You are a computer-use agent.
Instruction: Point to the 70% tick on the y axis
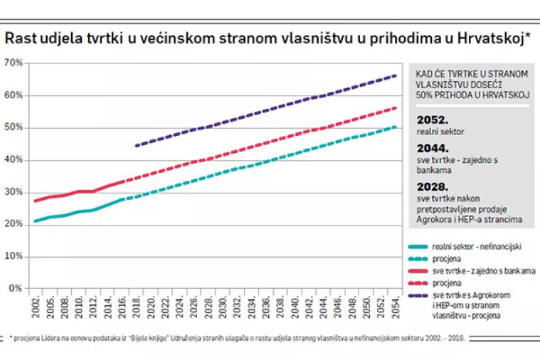coord(14,63)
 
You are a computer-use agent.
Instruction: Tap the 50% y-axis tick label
coord(14,128)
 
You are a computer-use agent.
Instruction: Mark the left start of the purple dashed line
coord(136,145)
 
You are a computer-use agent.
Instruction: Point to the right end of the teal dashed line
coord(396,127)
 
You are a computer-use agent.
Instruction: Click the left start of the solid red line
coord(35,201)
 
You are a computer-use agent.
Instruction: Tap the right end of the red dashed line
coord(396,107)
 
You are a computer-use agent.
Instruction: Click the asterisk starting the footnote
coord(11,337)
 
